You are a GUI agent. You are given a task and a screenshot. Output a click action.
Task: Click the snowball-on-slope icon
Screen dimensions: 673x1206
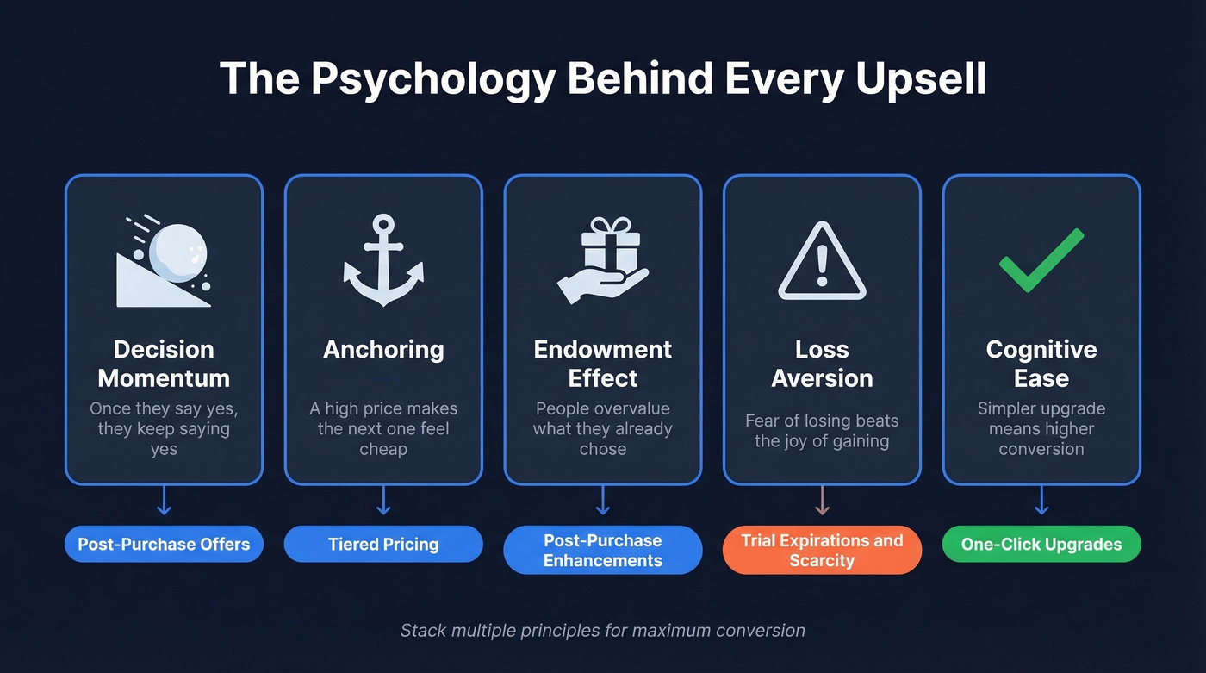[164, 261]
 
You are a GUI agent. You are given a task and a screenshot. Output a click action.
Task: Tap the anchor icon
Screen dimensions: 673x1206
[383, 261]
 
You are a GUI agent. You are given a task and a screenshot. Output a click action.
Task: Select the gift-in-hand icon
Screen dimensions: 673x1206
[603, 261]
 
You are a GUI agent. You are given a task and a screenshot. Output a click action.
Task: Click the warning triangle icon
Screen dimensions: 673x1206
[822, 261]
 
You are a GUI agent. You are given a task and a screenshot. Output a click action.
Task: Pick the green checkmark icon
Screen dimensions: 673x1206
[1041, 261]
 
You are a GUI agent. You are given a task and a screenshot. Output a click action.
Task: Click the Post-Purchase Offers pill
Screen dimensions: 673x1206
[164, 545]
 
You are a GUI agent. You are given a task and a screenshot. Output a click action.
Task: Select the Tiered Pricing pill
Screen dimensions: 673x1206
[383, 545]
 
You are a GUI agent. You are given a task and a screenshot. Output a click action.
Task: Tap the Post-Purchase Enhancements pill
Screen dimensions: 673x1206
[603, 550]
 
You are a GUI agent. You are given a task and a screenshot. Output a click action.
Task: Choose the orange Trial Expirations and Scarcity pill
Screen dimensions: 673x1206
[822, 550]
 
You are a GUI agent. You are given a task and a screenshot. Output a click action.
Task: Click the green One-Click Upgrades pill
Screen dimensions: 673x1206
[1041, 545]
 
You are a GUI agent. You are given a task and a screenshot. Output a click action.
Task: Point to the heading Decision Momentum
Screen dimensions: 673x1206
[164, 364]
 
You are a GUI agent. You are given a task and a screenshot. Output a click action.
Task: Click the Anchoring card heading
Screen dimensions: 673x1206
[383, 350]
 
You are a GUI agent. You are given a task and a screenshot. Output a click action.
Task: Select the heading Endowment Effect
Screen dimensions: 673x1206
[603, 364]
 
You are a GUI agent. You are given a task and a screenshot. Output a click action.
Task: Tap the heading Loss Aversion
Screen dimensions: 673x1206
[822, 364]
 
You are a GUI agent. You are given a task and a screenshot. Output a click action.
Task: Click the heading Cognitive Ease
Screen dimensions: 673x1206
[1041, 364]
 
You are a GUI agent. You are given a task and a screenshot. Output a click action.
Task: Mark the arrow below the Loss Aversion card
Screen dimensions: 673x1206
[822, 501]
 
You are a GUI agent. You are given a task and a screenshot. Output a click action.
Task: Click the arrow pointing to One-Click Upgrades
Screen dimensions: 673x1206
[1041, 501]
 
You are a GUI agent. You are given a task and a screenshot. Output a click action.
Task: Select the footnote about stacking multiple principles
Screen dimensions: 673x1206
[603, 630]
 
